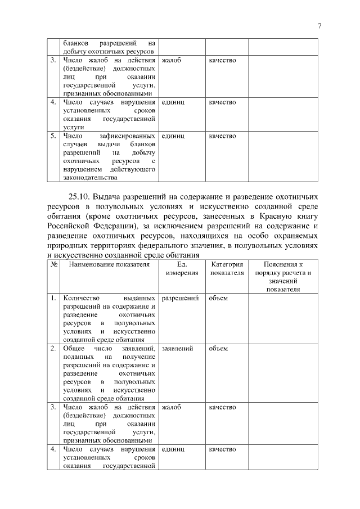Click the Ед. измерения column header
182,268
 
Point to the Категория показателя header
227,268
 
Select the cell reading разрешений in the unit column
180,298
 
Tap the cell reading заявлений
177,349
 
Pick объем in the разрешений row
218,298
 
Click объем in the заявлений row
218,349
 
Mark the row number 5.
52,136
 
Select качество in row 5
222,136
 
